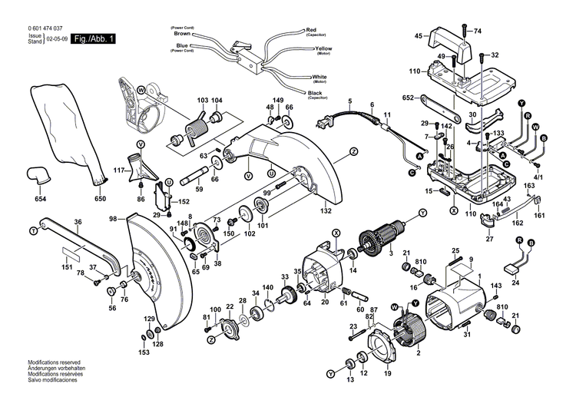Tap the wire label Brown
[x=182, y=34]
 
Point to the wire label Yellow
[x=323, y=48]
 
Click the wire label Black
[x=315, y=93]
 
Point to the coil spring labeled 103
[x=197, y=123]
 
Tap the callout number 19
[x=387, y=374]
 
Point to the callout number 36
[x=77, y=223]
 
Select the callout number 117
[x=119, y=170]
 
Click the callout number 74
[x=476, y=31]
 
